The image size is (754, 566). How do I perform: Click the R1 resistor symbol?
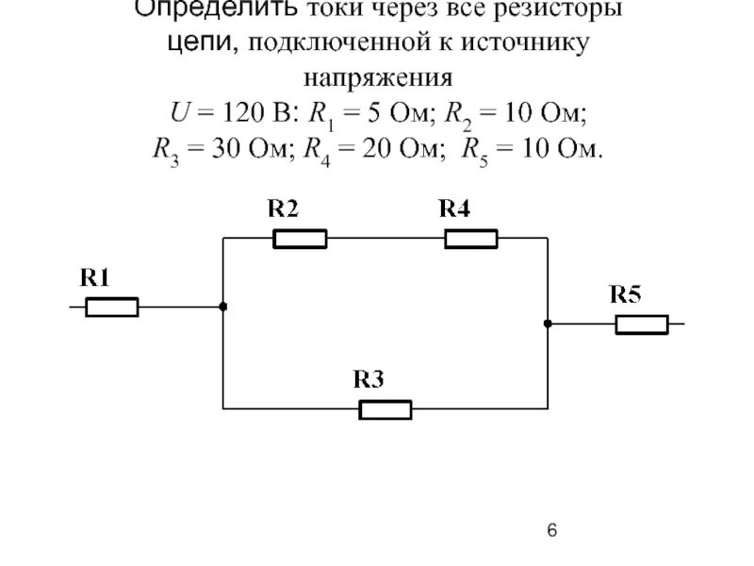tap(112, 308)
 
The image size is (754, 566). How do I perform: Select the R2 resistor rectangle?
tap(300, 239)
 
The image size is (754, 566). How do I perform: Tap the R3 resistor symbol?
tap(385, 409)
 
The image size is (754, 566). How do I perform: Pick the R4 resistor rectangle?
tap(471, 239)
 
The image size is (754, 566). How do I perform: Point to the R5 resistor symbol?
tap(642, 325)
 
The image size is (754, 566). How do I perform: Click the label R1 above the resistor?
tap(95, 277)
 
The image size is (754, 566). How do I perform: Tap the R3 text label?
tap(369, 379)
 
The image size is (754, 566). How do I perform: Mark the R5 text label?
tap(626, 294)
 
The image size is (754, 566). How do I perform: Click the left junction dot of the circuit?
tap(222, 307)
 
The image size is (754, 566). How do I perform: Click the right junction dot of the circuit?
tap(547, 324)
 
